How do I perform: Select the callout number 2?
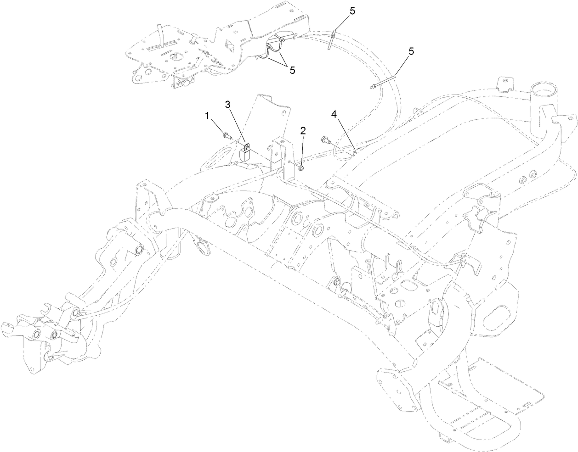coord(303,130)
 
